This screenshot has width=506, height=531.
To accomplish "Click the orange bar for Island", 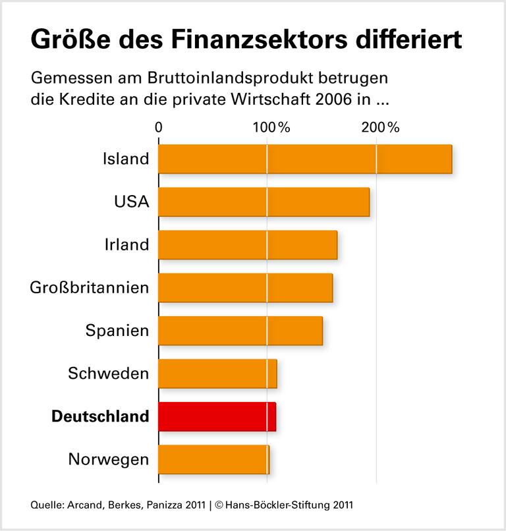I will (305, 159).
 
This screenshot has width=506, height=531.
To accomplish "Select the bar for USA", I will (264, 202).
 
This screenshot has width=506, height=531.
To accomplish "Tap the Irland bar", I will (248, 245).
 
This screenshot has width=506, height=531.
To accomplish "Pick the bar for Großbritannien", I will (245, 288).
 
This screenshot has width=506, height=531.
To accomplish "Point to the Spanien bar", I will (240, 331).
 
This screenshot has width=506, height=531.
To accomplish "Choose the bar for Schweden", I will (217, 374).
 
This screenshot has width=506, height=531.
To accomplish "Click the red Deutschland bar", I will (217, 416).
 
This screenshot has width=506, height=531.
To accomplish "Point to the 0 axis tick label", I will (159, 128).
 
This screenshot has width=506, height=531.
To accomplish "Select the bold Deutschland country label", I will (100, 416).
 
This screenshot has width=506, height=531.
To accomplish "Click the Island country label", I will (126, 159).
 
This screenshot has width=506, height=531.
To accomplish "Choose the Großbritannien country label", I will (90, 288).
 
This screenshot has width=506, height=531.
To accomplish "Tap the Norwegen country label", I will (109, 459).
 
